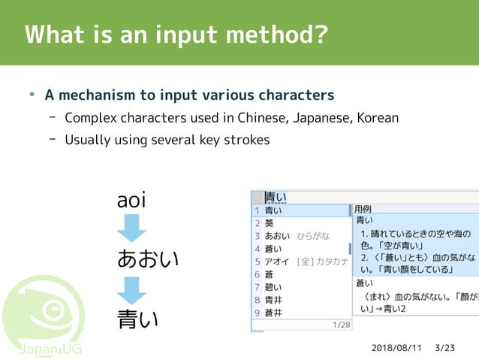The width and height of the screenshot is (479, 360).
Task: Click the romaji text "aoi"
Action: [131, 201]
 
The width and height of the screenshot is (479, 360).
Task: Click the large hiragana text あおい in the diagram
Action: [148, 259]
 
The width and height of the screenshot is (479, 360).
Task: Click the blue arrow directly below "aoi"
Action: [131, 228]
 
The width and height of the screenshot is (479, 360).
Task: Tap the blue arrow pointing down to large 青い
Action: [131, 289]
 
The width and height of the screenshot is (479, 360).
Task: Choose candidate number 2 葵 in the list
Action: [270, 223]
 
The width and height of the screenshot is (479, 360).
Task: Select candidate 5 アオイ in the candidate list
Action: [277, 262]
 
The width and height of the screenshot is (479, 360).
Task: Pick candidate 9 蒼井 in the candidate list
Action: [274, 313]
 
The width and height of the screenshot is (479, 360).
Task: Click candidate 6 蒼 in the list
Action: [270, 274]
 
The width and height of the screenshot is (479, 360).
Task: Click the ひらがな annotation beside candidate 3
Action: [313, 236]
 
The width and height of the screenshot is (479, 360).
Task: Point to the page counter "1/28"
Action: [341, 325]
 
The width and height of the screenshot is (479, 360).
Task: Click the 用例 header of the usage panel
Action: [363, 208]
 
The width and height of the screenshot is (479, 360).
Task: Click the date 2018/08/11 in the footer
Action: [396, 349]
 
